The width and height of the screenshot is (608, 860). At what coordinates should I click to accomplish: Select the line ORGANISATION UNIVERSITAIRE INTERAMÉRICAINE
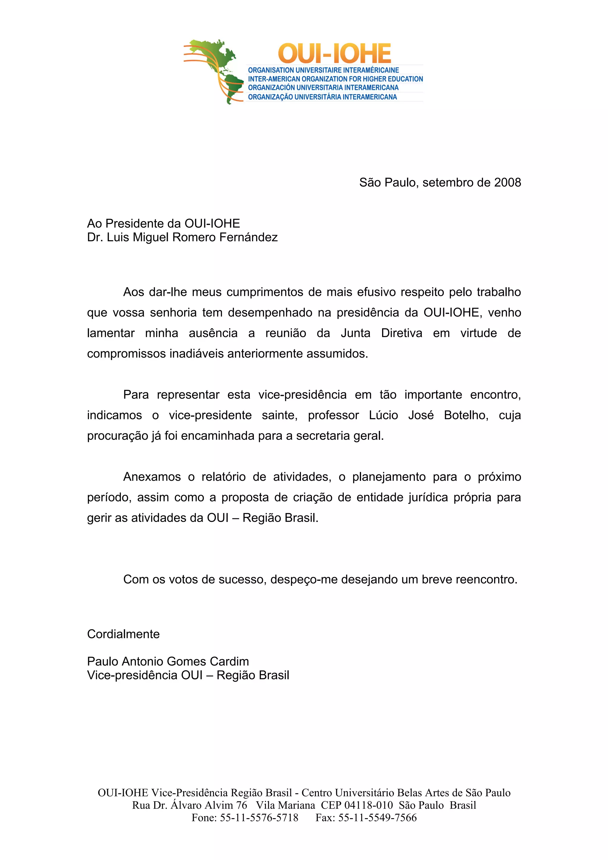coord(323,70)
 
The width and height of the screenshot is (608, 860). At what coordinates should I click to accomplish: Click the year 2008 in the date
coord(507,183)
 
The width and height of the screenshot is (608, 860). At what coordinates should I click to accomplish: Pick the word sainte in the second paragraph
coord(279,415)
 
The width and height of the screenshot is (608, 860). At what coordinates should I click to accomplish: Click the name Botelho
coord(466,415)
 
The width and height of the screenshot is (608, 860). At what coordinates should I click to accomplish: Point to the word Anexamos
coord(152,477)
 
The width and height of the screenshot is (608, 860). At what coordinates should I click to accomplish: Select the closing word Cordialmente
coord(123,634)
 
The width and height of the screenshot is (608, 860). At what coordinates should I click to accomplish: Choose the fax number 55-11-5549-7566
coord(377,817)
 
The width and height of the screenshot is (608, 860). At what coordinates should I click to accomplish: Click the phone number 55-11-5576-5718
coord(259,817)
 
